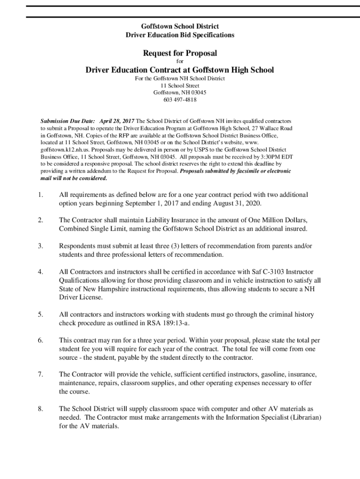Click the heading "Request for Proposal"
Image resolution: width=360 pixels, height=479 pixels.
pyautogui.click(x=180, y=53)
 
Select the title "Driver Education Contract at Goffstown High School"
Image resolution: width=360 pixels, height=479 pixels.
pyautogui.click(x=180, y=70)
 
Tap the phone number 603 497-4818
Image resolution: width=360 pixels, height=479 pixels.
pyautogui.click(x=180, y=100)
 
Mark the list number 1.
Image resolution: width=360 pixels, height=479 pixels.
pyautogui.click(x=41, y=195)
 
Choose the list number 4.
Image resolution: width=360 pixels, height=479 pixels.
pyautogui.click(x=41, y=272)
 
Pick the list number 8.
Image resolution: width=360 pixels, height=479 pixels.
pyautogui.click(x=41, y=408)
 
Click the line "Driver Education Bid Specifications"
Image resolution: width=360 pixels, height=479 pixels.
pyautogui.click(x=180, y=35)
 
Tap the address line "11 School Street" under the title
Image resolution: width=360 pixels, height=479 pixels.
pyautogui.click(x=180, y=86)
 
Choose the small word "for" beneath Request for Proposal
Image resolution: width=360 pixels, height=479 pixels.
pyautogui.click(x=180, y=62)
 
